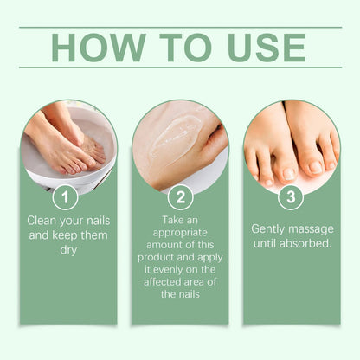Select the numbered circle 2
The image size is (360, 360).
[x=180, y=197]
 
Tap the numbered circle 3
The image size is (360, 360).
[x=292, y=197]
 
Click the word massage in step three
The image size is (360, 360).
[x=312, y=228]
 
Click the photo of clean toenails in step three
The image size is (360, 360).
[x=292, y=143]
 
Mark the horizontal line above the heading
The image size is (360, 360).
[x=180, y=27]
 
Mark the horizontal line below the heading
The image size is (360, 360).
[x=180, y=67]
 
